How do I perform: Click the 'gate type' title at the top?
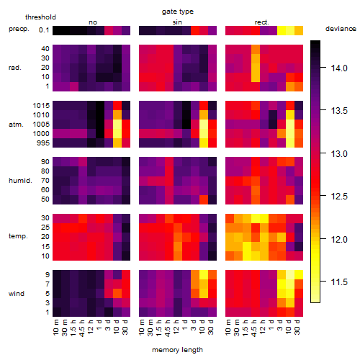point(178,12)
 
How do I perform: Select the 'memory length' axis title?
point(177,350)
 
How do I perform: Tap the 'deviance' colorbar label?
point(341,29)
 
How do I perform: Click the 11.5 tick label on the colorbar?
point(339,282)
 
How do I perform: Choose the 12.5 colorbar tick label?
point(339,197)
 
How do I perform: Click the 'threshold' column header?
point(40,17)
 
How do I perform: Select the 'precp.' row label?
point(19,29)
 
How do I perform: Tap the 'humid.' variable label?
point(20,181)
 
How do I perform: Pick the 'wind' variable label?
point(17,294)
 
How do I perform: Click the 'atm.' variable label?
point(16,125)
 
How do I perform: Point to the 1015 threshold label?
point(41,106)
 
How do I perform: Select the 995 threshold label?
point(43,143)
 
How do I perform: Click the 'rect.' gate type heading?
point(262,22)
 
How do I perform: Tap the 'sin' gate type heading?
point(177,22)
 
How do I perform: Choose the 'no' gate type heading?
point(93,22)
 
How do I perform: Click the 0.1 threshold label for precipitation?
point(44,30)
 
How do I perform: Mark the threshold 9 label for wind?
point(48,275)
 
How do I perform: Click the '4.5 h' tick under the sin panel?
point(168,328)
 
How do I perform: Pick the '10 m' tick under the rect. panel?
point(228,328)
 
